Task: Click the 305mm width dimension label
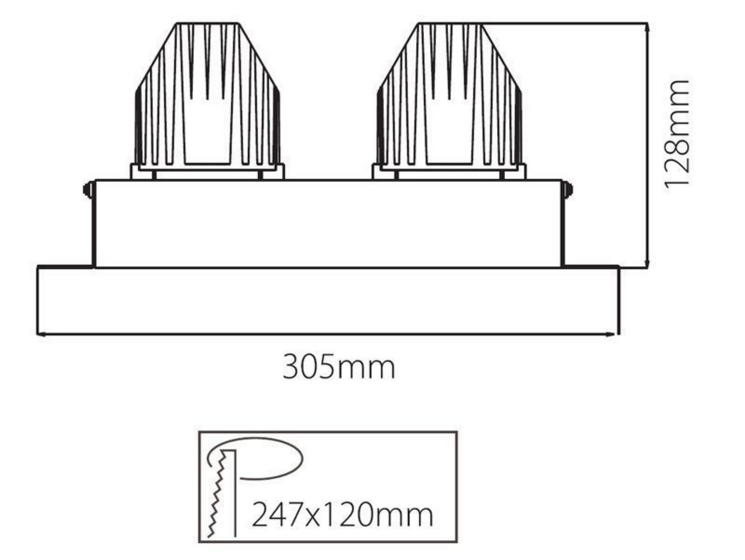[x=339, y=367]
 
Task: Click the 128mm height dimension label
[x=677, y=134]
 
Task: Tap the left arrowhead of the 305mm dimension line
[x=41, y=334]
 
